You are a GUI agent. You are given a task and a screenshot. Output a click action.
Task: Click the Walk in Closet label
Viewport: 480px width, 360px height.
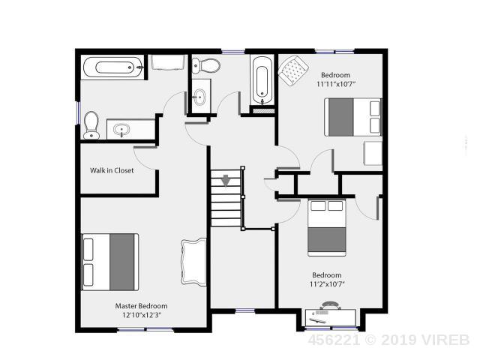[112, 170]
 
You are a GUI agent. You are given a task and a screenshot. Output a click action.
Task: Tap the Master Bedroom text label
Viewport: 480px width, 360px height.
[141, 306]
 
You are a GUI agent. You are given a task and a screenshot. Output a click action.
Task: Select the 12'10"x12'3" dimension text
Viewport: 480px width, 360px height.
[141, 315]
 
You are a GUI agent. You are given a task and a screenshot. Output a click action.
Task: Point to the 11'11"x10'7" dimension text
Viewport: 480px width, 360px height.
[336, 84]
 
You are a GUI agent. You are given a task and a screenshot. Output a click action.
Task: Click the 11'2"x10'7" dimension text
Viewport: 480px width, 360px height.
[327, 284]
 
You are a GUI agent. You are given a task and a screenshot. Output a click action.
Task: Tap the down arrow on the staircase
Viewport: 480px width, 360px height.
[226, 180]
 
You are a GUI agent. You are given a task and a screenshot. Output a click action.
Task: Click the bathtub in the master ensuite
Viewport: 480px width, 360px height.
[112, 67]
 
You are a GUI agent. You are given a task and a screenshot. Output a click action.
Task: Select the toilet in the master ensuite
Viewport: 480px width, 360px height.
[91, 125]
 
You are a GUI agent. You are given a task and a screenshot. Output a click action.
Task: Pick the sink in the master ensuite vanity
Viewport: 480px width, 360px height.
[122, 130]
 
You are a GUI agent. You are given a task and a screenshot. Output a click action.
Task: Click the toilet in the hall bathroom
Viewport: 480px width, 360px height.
[205, 66]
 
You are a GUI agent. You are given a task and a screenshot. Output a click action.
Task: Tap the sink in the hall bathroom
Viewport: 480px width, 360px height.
[199, 97]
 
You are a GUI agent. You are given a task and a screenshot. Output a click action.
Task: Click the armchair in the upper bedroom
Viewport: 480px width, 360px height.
[293, 70]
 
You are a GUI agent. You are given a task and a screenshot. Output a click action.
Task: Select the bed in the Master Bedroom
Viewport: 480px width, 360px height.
[110, 262]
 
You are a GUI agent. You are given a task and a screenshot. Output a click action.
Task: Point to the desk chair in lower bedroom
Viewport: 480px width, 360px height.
[329, 304]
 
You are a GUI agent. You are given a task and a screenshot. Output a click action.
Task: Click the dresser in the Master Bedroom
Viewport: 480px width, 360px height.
[193, 262]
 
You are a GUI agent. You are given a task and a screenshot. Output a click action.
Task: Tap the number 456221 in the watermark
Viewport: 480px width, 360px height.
[334, 340]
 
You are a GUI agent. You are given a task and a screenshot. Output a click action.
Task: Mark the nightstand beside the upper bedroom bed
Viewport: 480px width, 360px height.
[373, 153]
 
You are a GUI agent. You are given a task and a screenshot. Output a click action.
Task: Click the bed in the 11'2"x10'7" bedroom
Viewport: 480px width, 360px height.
[327, 228]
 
